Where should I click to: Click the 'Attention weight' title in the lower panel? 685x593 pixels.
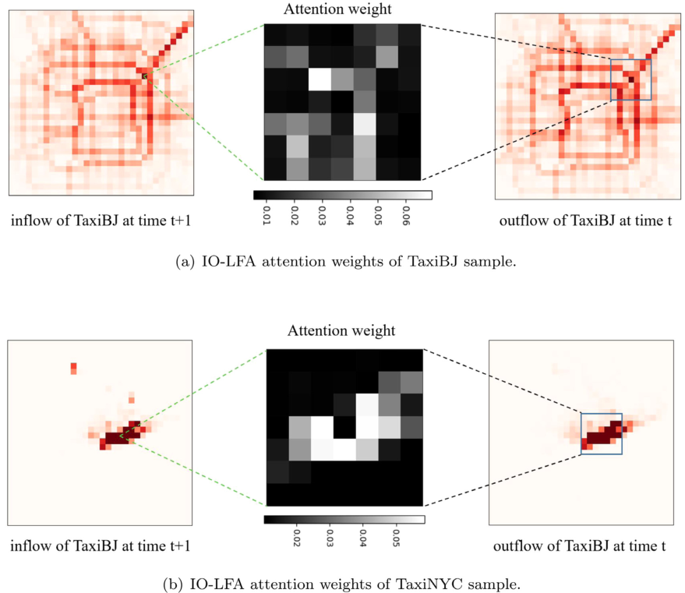(343, 330)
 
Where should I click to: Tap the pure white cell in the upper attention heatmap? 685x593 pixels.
(320, 79)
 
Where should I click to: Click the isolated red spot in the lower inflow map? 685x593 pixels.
(74, 367)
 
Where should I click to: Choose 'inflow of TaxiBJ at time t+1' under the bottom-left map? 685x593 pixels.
(101, 545)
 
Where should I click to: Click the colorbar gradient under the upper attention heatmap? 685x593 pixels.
(343, 194)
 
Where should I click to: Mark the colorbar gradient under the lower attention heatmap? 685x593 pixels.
(343, 519)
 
